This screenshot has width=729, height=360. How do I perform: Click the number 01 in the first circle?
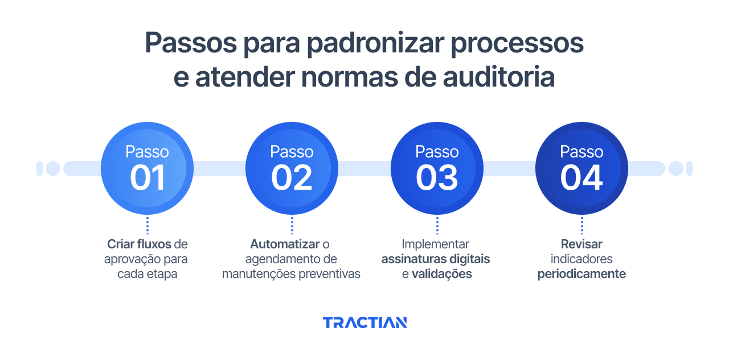click(x=148, y=178)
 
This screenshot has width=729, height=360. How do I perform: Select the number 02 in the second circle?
click(x=292, y=178)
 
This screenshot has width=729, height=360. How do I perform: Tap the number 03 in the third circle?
click(x=437, y=178)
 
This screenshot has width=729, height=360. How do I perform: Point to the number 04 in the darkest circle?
click(x=581, y=178)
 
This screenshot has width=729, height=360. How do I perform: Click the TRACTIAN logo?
click(x=364, y=322)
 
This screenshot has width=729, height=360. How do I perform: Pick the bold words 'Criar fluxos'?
click(x=139, y=244)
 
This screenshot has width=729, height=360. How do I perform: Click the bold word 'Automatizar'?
click(x=285, y=244)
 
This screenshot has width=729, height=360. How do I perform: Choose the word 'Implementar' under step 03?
click(x=436, y=244)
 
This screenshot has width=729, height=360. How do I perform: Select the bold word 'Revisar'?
click(x=581, y=244)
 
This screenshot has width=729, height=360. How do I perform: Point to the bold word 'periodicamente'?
click(x=581, y=274)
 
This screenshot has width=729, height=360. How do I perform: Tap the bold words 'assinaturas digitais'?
click(x=436, y=259)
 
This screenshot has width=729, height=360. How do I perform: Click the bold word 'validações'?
click(x=441, y=274)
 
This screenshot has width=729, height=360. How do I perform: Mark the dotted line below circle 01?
click(x=148, y=224)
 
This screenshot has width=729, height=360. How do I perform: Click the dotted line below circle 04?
click(x=581, y=224)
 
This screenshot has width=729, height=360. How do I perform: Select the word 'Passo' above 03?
click(x=437, y=152)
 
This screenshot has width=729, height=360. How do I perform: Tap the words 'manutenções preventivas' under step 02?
click(x=292, y=274)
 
